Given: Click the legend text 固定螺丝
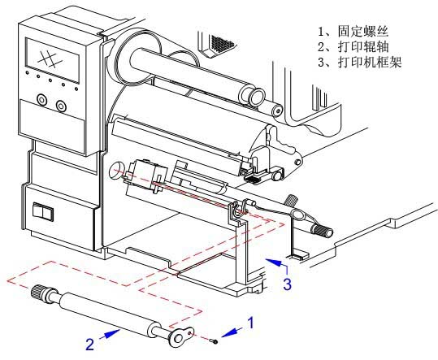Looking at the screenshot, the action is tap(363, 31).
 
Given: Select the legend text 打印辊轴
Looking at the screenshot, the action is tap(363, 46).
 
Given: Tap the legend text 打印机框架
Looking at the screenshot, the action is tap(369, 62).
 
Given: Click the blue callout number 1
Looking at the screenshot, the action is tap(251, 323).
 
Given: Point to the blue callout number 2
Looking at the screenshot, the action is tap(89, 344).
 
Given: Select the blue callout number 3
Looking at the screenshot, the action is tap(288, 284).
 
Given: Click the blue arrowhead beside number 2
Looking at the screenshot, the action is tap(114, 333).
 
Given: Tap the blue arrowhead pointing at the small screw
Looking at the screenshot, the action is tap(228, 332).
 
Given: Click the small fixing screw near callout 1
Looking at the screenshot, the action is tap(215, 341).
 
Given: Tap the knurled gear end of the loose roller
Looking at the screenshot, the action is tap(38, 293).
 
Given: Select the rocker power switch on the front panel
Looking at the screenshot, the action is tap(43, 211).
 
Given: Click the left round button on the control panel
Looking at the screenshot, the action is tap(41, 99).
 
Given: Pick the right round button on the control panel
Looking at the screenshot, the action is tap(61, 106).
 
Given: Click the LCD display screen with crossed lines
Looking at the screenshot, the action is tap(52, 60).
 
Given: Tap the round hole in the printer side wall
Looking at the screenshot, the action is tap(115, 170).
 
